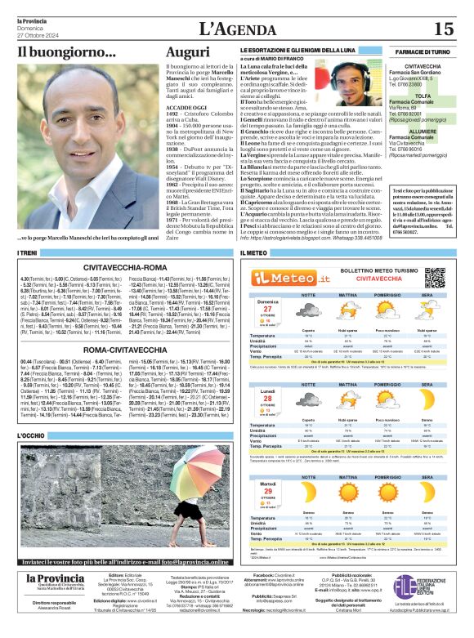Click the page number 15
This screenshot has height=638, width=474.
pos(445,29)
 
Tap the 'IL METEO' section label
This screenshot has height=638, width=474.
pos(253,255)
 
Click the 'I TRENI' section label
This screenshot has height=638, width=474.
pos(29,255)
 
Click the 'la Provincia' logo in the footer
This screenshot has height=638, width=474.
pos(55,580)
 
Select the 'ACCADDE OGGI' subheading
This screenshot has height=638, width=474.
pos(186,108)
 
